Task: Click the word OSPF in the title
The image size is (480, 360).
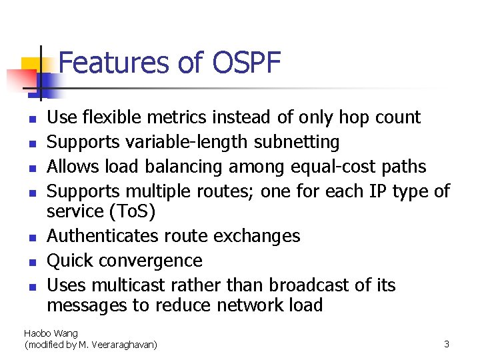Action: coord(247,63)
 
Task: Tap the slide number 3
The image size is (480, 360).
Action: coord(447,344)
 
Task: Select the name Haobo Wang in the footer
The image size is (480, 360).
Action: coord(51,333)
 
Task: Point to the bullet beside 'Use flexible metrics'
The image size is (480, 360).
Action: coord(31,119)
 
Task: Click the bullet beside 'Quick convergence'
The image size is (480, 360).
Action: coord(31,262)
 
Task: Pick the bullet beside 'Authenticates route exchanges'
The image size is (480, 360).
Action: coord(31,238)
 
